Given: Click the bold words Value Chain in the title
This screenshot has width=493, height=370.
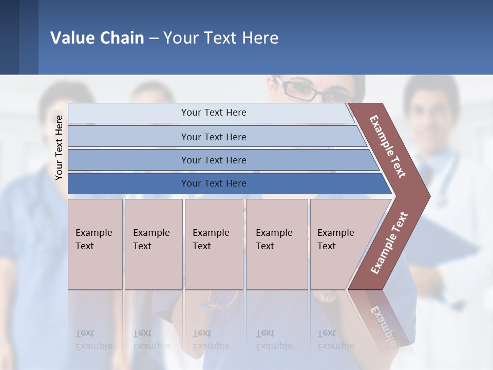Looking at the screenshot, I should [x=97, y=38].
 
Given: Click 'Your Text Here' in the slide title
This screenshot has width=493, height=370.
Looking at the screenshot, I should [x=221, y=38].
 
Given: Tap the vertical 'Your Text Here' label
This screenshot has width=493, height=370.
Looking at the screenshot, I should [x=59, y=147].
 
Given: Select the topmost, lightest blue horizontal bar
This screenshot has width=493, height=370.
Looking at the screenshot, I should [x=211, y=113].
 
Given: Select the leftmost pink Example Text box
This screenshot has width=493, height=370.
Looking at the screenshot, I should [x=95, y=244].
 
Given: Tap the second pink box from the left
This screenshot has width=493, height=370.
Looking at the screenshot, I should [x=154, y=244].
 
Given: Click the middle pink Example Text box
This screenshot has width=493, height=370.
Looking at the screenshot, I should [x=214, y=244].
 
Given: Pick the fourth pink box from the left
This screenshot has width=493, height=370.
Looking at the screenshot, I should [x=277, y=244].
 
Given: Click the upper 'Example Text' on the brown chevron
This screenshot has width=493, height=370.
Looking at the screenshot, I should [x=388, y=146].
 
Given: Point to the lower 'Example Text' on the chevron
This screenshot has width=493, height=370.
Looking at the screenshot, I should [x=389, y=243].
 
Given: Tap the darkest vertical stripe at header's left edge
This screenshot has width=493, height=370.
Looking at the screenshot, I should [x=9, y=37].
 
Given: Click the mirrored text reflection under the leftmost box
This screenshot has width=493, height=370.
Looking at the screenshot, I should [x=93, y=340].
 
